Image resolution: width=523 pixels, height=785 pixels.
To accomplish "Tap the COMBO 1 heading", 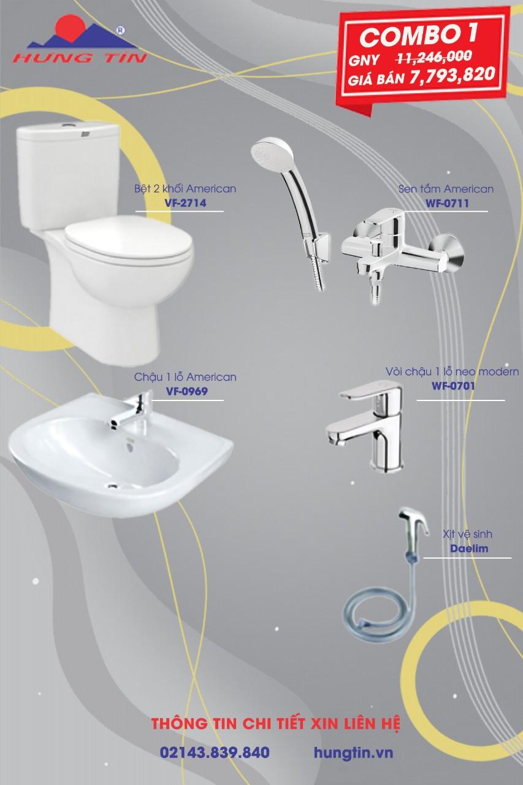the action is click(x=419, y=36).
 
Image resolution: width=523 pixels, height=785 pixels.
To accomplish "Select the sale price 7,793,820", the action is click(x=452, y=75).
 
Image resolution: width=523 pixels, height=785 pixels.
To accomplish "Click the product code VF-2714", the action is click(x=185, y=203).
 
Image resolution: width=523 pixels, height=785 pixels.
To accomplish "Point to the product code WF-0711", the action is click(x=447, y=203).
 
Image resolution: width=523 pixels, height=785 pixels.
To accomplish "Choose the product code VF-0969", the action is click(x=187, y=391).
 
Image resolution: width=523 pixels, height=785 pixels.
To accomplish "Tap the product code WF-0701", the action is click(x=453, y=386).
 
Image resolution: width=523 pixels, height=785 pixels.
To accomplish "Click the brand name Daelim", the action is click(x=469, y=548).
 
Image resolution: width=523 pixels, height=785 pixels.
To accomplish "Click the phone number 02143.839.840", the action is click(x=215, y=752).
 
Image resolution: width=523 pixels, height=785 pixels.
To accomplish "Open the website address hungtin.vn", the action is click(x=353, y=752).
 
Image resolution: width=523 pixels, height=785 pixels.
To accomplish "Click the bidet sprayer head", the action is click(x=413, y=521).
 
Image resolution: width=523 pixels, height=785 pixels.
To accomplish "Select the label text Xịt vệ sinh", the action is click(x=467, y=534).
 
